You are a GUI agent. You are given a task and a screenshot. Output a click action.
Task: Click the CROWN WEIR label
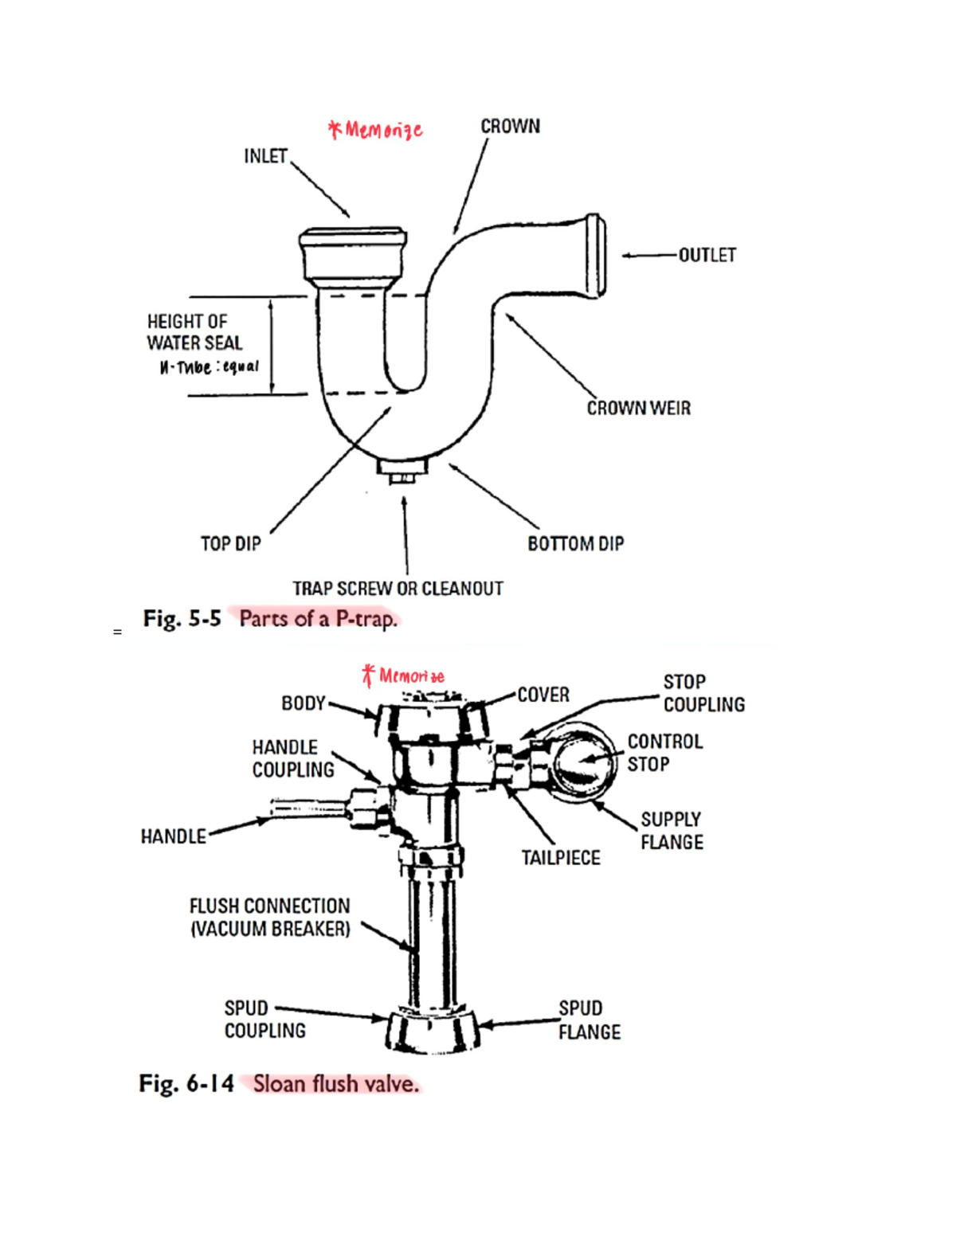(x=638, y=408)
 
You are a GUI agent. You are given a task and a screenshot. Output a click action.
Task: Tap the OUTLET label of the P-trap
(x=707, y=255)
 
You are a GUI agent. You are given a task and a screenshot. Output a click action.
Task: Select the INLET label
(x=265, y=156)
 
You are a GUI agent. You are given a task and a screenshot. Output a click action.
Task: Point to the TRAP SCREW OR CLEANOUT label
(x=398, y=589)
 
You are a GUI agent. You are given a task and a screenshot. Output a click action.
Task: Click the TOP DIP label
(x=230, y=543)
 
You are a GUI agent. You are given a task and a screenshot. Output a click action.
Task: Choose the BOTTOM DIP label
(x=575, y=543)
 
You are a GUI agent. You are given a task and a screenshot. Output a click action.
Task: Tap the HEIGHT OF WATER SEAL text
(x=194, y=332)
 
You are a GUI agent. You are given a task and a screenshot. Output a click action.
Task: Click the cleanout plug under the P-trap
(x=403, y=470)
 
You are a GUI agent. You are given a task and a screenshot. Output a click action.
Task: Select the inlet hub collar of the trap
(x=353, y=253)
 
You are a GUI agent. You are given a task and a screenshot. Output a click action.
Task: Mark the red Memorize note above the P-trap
(x=375, y=129)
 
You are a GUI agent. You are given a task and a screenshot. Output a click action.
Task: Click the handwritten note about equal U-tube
(x=209, y=367)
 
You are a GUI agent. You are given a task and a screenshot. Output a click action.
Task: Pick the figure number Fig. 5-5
(x=182, y=619)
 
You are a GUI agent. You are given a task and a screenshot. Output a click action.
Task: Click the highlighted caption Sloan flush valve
(x=335, y=1084)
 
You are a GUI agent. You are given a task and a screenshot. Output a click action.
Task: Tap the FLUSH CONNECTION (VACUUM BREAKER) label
(x=269, y=918)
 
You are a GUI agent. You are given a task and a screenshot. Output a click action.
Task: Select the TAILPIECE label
(x=561, y=858)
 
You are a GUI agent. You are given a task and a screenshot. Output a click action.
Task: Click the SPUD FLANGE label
(x=589, y=1020)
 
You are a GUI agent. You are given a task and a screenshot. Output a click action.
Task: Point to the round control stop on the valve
(x=582, y=761)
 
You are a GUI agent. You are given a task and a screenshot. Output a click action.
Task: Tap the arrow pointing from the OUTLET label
(x=648, y=256)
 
